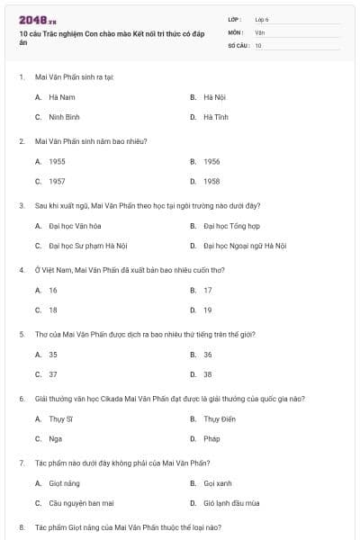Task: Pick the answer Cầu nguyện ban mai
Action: tap(80, 503)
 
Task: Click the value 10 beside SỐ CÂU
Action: tap(258, 45)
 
